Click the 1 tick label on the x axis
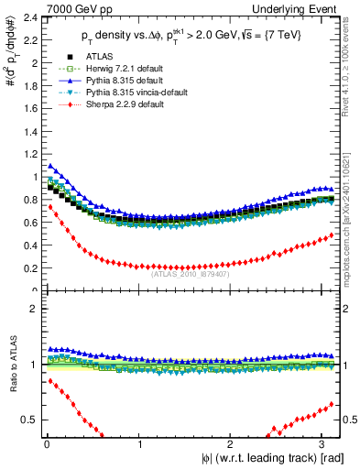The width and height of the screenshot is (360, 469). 138,446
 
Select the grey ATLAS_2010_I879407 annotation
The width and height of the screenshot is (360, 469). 191,273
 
